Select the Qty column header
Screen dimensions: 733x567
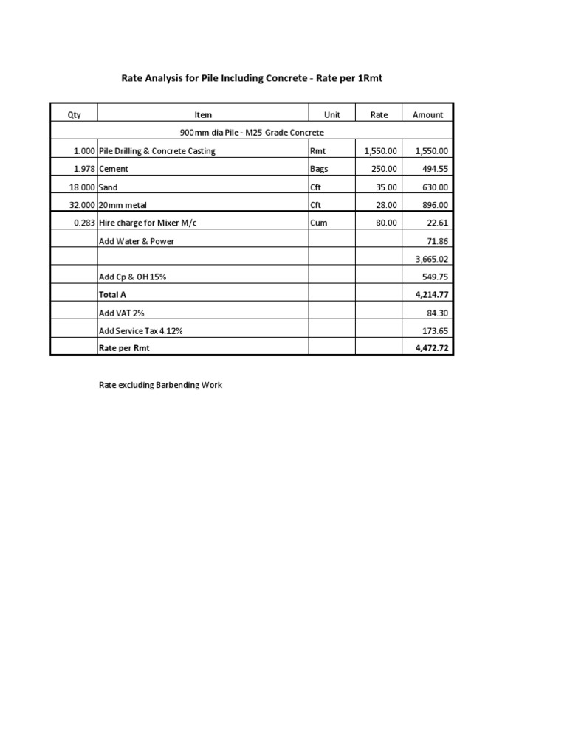74,114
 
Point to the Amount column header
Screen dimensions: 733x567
427,114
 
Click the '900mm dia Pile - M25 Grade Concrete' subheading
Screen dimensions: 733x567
252,133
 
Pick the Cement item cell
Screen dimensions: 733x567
114,169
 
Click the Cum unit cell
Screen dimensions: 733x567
319,223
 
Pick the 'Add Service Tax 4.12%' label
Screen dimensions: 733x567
140,331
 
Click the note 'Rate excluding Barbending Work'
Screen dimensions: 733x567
160,385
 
